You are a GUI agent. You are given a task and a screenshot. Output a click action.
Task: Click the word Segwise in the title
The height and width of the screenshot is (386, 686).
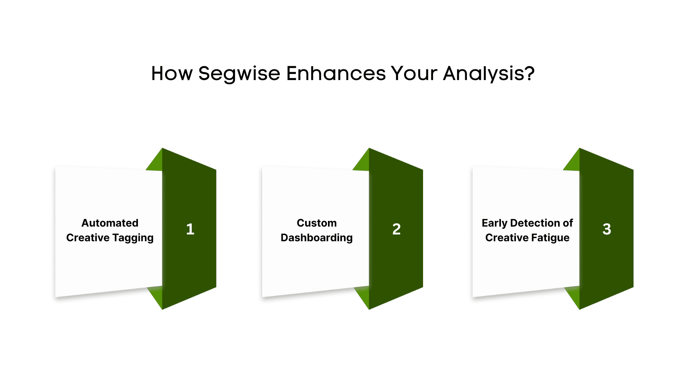click(239, 74)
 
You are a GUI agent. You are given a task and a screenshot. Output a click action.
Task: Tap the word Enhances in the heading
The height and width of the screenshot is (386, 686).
click(336, 73)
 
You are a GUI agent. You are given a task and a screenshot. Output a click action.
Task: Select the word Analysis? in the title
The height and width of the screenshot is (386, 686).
click(489, 74)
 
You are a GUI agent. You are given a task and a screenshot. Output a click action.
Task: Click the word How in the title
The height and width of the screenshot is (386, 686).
click(172, 73)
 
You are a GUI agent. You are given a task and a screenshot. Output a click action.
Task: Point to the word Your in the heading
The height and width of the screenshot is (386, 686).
click(414, 73)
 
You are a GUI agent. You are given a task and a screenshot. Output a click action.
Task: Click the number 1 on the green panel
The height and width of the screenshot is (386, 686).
click(190, 229)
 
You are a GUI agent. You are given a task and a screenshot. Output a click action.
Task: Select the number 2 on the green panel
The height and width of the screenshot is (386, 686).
click(397, 229)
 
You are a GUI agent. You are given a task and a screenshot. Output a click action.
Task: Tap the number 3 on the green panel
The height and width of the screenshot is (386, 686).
click(607, 229)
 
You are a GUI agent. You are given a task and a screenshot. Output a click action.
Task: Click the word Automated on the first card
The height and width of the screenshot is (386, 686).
click(110, 223)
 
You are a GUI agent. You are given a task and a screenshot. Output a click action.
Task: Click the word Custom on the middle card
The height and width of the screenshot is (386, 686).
click(317, 223)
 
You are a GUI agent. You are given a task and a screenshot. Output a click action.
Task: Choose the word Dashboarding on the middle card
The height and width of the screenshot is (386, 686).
click(317, 238)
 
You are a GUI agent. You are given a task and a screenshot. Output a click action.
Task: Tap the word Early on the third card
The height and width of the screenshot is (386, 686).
click(494, 223)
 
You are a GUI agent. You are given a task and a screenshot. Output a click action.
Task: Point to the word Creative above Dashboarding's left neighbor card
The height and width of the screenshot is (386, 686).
click(88, 237)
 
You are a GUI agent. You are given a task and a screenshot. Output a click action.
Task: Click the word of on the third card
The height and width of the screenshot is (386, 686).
click(568, 223)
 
